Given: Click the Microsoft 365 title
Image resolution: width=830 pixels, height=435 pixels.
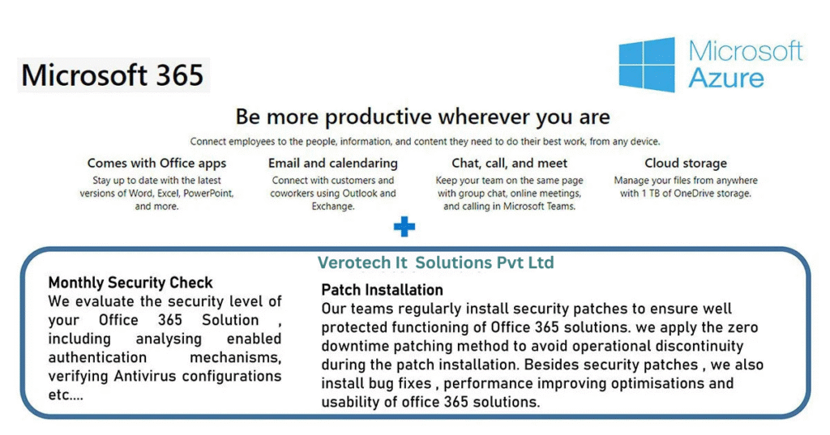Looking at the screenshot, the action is [x=112, y=75].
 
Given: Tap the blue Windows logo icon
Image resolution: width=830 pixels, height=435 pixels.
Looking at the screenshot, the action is [x=647, y=65].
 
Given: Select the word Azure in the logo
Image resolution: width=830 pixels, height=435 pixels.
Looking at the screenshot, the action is [x=726, y=79].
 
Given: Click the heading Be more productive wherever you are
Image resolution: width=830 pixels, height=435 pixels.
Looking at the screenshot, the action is [x=422, y=117].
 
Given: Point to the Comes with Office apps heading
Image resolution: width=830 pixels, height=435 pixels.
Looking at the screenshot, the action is [x=156, y=163].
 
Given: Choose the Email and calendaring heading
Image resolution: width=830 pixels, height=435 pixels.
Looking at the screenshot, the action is [x=333, y=163].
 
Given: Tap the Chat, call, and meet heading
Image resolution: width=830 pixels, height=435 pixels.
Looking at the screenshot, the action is [x=509, y=163].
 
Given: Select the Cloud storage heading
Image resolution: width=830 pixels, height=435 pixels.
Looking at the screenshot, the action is [x=686, y=163].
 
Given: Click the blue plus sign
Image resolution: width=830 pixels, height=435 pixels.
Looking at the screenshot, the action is [x=404, y=227].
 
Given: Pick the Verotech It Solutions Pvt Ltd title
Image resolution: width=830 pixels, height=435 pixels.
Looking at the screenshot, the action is [x=435, y=262].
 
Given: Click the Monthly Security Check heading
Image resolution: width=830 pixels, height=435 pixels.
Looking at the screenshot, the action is [x=130, y=283].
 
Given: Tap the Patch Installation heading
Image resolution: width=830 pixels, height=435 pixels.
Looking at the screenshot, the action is [x=383, y=290].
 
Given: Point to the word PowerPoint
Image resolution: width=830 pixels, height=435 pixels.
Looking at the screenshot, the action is [x=208, y=193].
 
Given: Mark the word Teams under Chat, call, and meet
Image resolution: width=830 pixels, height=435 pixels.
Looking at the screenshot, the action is [x=563, y=207].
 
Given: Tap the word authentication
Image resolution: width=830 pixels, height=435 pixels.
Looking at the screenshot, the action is [x=97, y=358].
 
